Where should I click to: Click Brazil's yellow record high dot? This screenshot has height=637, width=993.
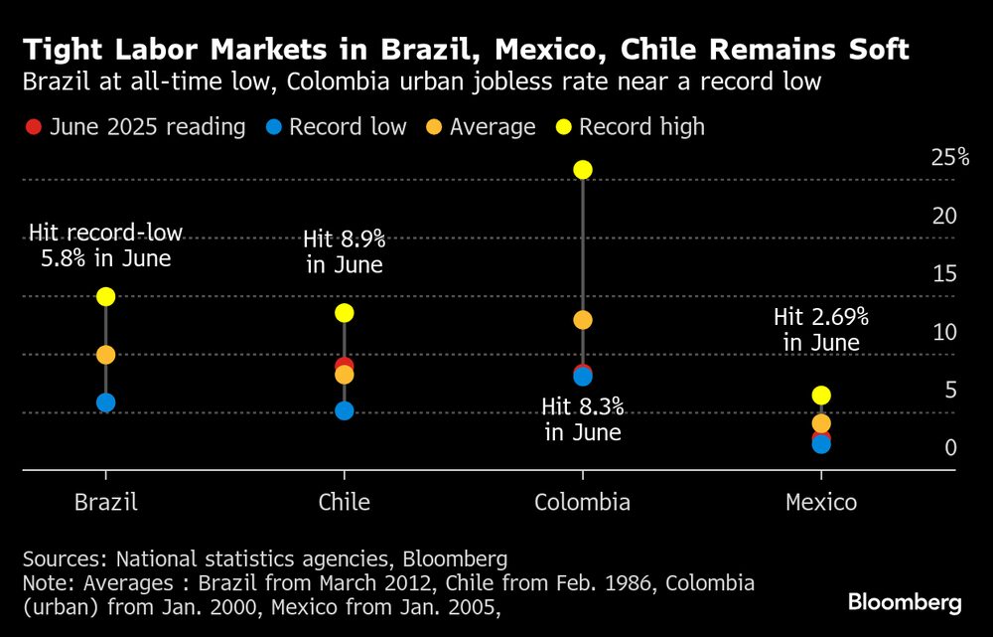coord(106,296)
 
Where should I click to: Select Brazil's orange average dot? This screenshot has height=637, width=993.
coord(106,355)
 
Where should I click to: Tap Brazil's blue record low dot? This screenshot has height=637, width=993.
coord(106,402)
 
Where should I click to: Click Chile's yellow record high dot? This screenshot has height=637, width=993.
coord(345,313)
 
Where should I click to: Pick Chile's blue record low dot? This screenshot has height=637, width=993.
coord(345,410)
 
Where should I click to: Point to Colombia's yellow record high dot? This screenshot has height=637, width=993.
coord(583,170)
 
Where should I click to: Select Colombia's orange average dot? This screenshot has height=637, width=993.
coord(583,320)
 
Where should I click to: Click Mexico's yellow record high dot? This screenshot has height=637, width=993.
coord(821,396)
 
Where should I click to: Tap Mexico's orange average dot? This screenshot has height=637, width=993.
coord(821,423)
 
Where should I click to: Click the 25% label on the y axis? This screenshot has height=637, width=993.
coord(949,157)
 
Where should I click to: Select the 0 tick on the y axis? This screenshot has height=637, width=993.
coord(950,447)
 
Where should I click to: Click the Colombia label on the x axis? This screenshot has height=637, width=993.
coord(582,502)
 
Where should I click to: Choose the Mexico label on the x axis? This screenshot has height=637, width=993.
coord(821,502)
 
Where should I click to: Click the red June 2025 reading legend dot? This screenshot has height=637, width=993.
coord(33,127)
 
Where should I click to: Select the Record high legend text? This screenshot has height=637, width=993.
coord(641,127)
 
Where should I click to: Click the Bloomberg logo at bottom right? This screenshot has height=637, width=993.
coord(904,602)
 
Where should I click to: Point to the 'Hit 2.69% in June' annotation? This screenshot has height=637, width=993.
coord(821,330)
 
